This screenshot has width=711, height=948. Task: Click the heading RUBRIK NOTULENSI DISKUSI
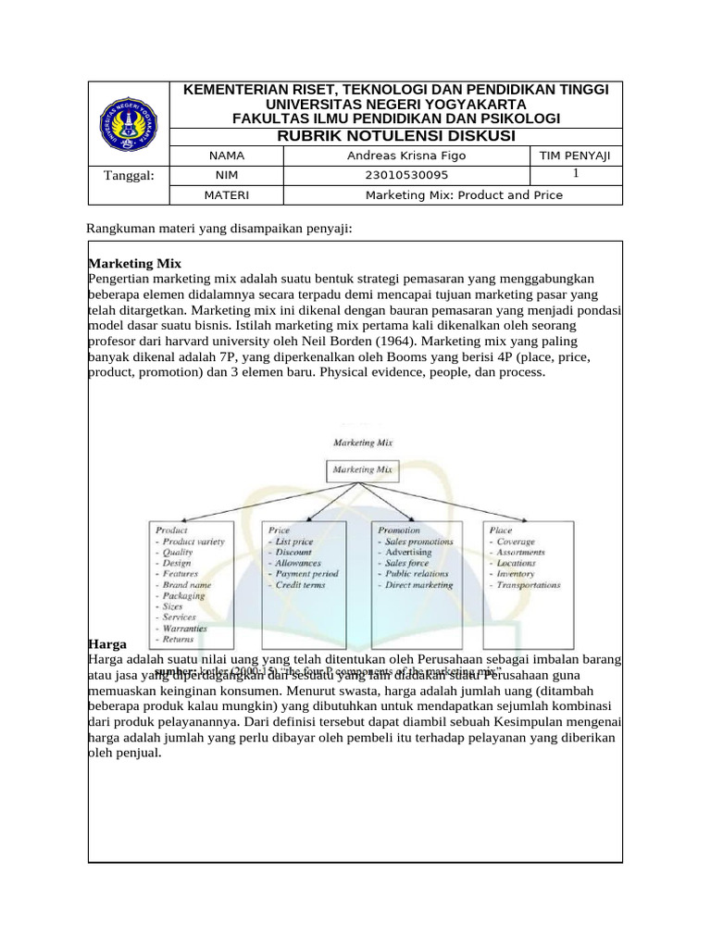(396, 136)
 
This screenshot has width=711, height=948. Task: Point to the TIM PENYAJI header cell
(574, 156)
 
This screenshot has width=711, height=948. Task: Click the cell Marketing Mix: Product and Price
(464, 195)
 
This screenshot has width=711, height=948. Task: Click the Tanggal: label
(129, 175)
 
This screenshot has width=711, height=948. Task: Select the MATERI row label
(225, 195)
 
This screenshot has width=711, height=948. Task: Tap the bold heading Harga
(106, 642)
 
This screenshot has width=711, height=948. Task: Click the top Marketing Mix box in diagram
(362, 469)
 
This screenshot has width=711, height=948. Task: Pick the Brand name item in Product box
(186, 585)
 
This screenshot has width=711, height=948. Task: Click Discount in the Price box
(293, 552)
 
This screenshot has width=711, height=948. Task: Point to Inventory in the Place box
(516, 574)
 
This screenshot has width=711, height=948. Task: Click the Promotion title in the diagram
(399, 530)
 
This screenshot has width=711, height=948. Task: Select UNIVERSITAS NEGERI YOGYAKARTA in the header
(396, 105)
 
